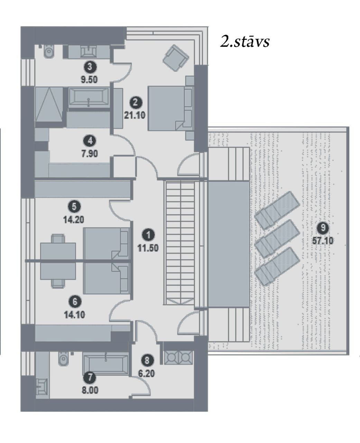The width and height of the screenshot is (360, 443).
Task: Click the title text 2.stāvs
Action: click(244, 41)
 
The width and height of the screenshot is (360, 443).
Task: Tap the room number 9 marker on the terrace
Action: click(323, 228)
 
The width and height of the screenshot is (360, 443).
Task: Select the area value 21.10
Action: click(135, 115)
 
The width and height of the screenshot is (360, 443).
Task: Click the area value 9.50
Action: click(89, 80)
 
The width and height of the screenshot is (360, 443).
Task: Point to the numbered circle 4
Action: click(90, 141)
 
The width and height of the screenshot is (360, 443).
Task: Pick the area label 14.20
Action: click(74, 220)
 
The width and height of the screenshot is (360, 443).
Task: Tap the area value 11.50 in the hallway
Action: click(148, 248)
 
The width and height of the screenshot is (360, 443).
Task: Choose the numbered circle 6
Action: click(75, 301)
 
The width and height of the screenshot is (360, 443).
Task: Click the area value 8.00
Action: click(90, 390)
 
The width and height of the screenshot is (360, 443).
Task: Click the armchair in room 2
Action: click(176, 58)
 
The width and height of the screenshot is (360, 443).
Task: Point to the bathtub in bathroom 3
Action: click(89, 97)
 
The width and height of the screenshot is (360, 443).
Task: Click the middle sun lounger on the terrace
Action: click(277, 239)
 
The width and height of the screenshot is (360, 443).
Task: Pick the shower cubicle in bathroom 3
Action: click(49, 104)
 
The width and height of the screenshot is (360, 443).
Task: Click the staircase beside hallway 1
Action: click(180, 243)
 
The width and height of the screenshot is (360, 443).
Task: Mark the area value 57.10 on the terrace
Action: click(323, 241)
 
